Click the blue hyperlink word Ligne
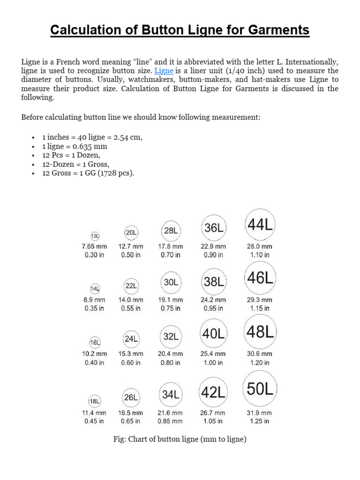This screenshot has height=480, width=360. (x=164, y=71)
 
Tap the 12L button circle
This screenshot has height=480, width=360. (x=95, y=236)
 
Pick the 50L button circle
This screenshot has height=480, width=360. (x=260, y=389)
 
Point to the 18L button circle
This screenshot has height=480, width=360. (x=95, y=401)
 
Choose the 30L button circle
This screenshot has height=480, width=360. (x=171, y=283)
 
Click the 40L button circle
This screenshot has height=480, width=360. (x=213, y=334)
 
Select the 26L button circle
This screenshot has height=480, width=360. (x=131, y=397)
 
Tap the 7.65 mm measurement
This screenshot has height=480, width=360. (x=94, y=246)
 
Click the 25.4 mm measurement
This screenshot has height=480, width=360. (x=213, y=354)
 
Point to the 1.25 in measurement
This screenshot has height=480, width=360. (x=259, y=421)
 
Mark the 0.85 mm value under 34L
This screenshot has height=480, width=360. (x=171, y=421)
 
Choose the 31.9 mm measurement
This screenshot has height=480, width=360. (x=259, y=413)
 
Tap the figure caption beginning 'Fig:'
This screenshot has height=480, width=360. (x=180, y=439)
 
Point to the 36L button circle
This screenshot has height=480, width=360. (x=213, y=228)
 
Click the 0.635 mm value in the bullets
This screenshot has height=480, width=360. (x=91, y=146)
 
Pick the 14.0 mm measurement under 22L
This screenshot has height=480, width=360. (x=131, y=300)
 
